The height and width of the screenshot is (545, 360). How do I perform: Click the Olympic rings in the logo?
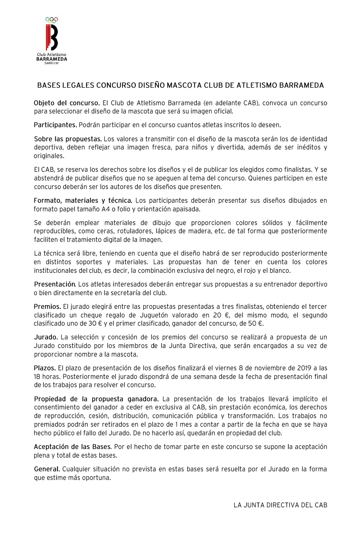click(x=52, y=19)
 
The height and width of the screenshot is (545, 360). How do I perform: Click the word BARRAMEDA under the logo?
click(x=51, y=59)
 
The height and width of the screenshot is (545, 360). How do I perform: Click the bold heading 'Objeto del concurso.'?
click(x=67, y=103)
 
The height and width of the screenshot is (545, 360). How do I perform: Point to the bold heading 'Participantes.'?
click(x=55, y=125)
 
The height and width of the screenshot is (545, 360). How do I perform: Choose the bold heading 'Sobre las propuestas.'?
click(x=68, y=139)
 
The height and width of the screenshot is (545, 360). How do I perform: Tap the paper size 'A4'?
click(x=105, y=209)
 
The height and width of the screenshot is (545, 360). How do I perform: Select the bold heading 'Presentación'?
click(x=54, y=284)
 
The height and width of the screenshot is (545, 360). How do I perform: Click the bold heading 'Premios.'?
click(x=47, y=307)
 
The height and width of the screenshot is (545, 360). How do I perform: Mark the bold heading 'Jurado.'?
click(x=46, y=337)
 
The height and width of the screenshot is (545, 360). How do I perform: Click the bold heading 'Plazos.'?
click(x=45, y=368)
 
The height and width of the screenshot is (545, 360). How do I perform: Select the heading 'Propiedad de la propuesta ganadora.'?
click(x=96, y=399)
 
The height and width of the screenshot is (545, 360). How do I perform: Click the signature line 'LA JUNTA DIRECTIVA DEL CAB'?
click(x=280, y=505)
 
